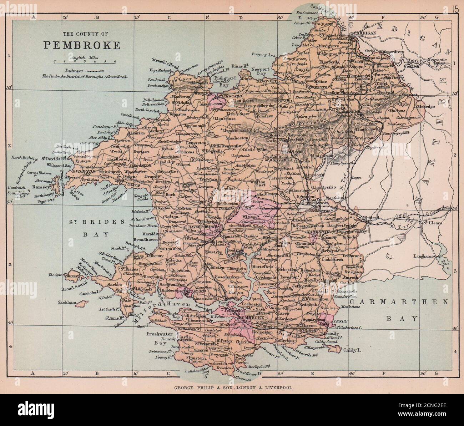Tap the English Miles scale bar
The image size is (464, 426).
(85, 61)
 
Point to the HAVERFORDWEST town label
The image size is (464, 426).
(201, 226)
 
